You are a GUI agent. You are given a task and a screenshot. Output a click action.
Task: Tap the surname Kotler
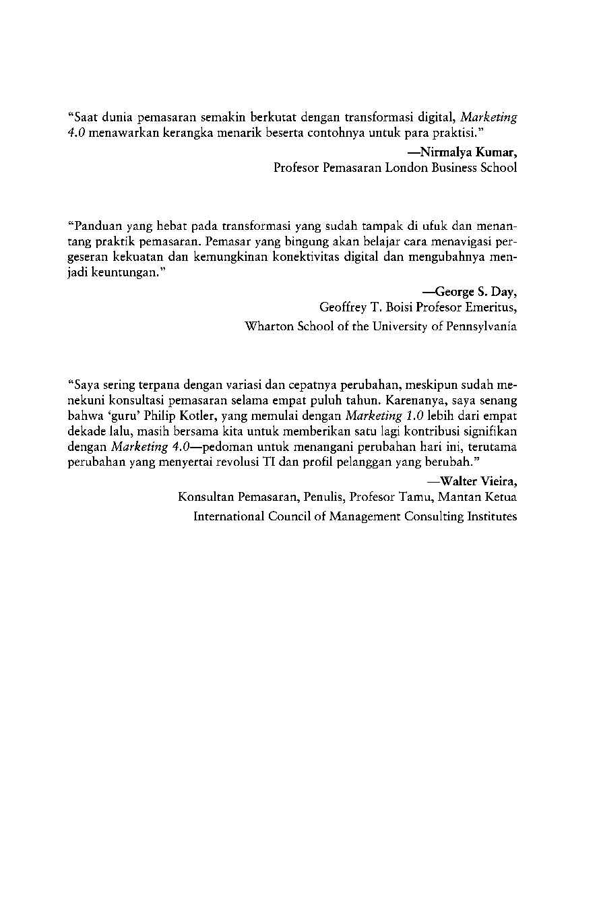[198, 417]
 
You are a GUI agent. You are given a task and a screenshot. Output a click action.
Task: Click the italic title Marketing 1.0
[383, 417]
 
